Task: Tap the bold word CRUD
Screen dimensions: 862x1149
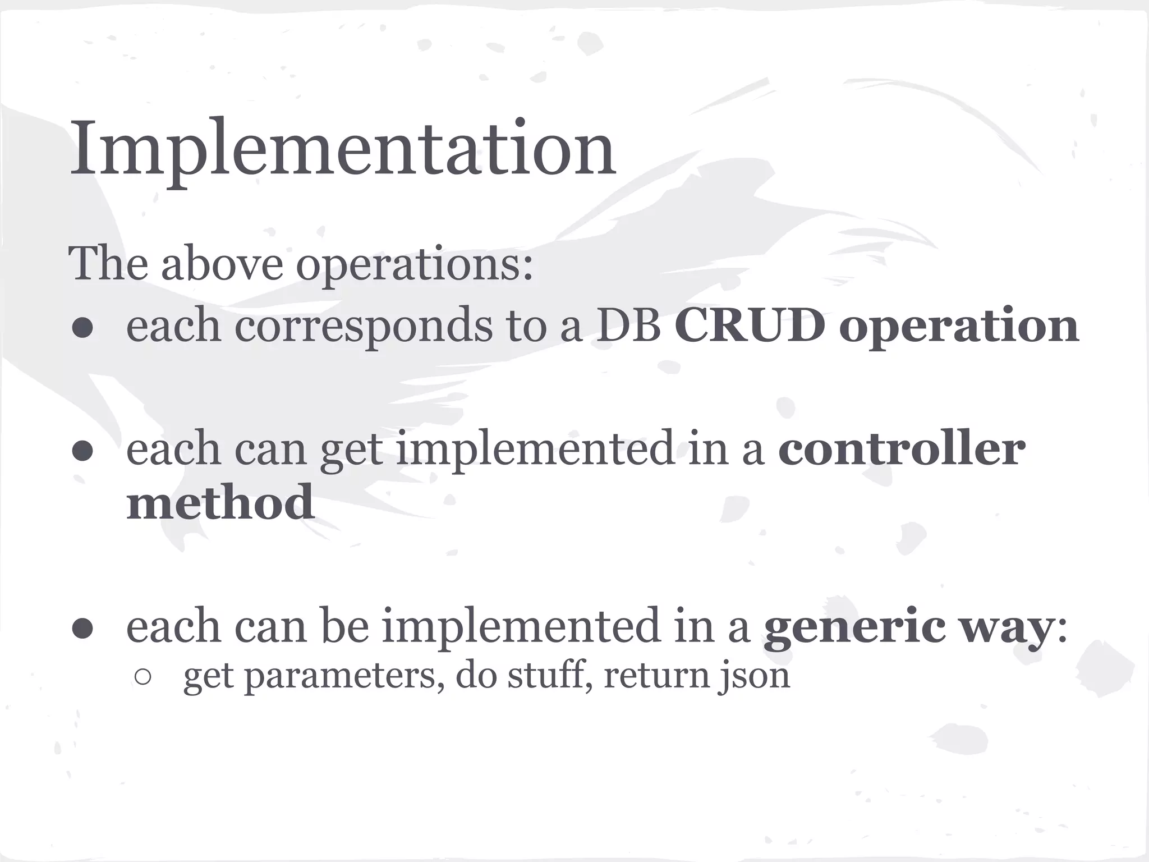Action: tap(750, 325)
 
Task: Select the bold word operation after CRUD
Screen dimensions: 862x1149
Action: tap(958, 328)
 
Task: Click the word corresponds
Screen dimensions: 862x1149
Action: tap(362, 328)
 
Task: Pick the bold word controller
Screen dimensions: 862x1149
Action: tap(901, 449)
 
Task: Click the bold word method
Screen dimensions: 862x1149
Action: tap(220, 502)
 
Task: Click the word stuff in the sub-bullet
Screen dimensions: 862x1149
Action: tap(548, 675)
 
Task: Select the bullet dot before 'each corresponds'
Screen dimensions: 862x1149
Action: tap(82, 329)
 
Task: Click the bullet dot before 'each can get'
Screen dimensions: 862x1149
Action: tap(82, 451)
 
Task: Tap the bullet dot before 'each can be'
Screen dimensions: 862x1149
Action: tap(82, 630)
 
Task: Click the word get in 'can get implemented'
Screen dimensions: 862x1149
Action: tap(351, 451)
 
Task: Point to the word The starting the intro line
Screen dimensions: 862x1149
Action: tap(108, 264)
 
